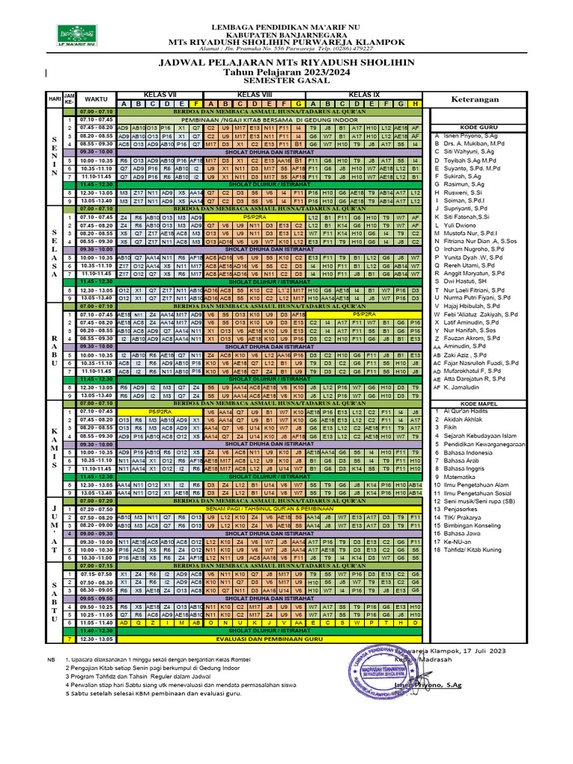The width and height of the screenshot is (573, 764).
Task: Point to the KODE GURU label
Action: (x=479, y=128)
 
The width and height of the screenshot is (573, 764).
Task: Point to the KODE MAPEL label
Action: (x=479, y=403)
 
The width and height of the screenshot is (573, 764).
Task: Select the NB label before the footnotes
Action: (x=51, y=660)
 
